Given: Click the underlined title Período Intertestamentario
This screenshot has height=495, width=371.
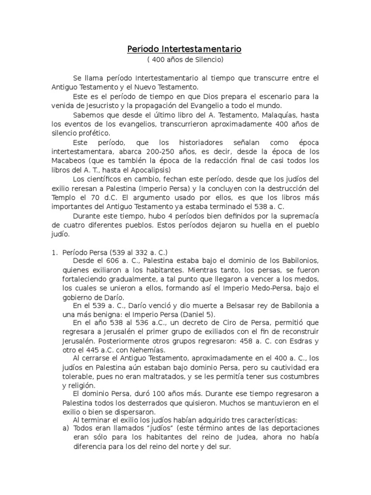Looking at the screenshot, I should coord(184,49).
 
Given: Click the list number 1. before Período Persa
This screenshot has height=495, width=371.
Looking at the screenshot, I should coord(54,252).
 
